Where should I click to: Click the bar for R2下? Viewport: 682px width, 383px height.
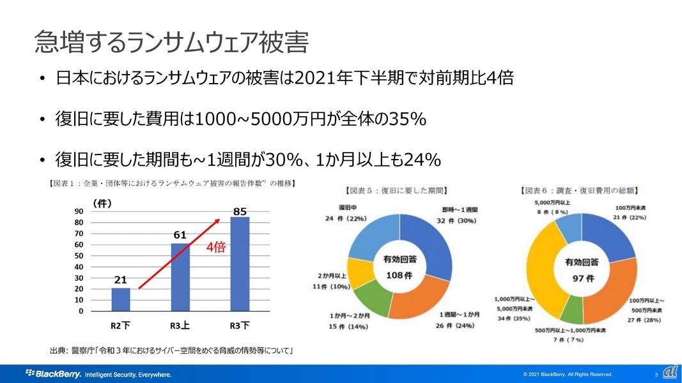(x=120, y=299)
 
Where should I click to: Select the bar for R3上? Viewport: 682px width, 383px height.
(x=180, y=277)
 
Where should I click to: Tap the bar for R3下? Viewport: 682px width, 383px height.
(x=240, y=264)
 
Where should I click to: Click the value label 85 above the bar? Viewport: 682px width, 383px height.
(x=240, y=211)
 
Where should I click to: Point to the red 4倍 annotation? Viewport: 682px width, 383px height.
(x=215, y=247)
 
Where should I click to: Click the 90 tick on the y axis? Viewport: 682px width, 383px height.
(x=79, y=211)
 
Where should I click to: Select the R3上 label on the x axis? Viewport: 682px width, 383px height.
(x=180, y=326)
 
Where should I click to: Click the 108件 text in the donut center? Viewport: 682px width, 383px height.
(x=401, y=275)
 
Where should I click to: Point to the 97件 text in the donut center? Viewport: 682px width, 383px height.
(x=582, y=278)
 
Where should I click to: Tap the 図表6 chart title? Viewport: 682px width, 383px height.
(x=580, y=190)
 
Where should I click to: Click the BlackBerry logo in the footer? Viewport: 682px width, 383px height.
(x=53, y=373)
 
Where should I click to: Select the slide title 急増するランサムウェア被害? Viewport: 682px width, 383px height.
(x=171, y=42)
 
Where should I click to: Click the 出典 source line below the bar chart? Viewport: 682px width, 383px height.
(x=171, y=351)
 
